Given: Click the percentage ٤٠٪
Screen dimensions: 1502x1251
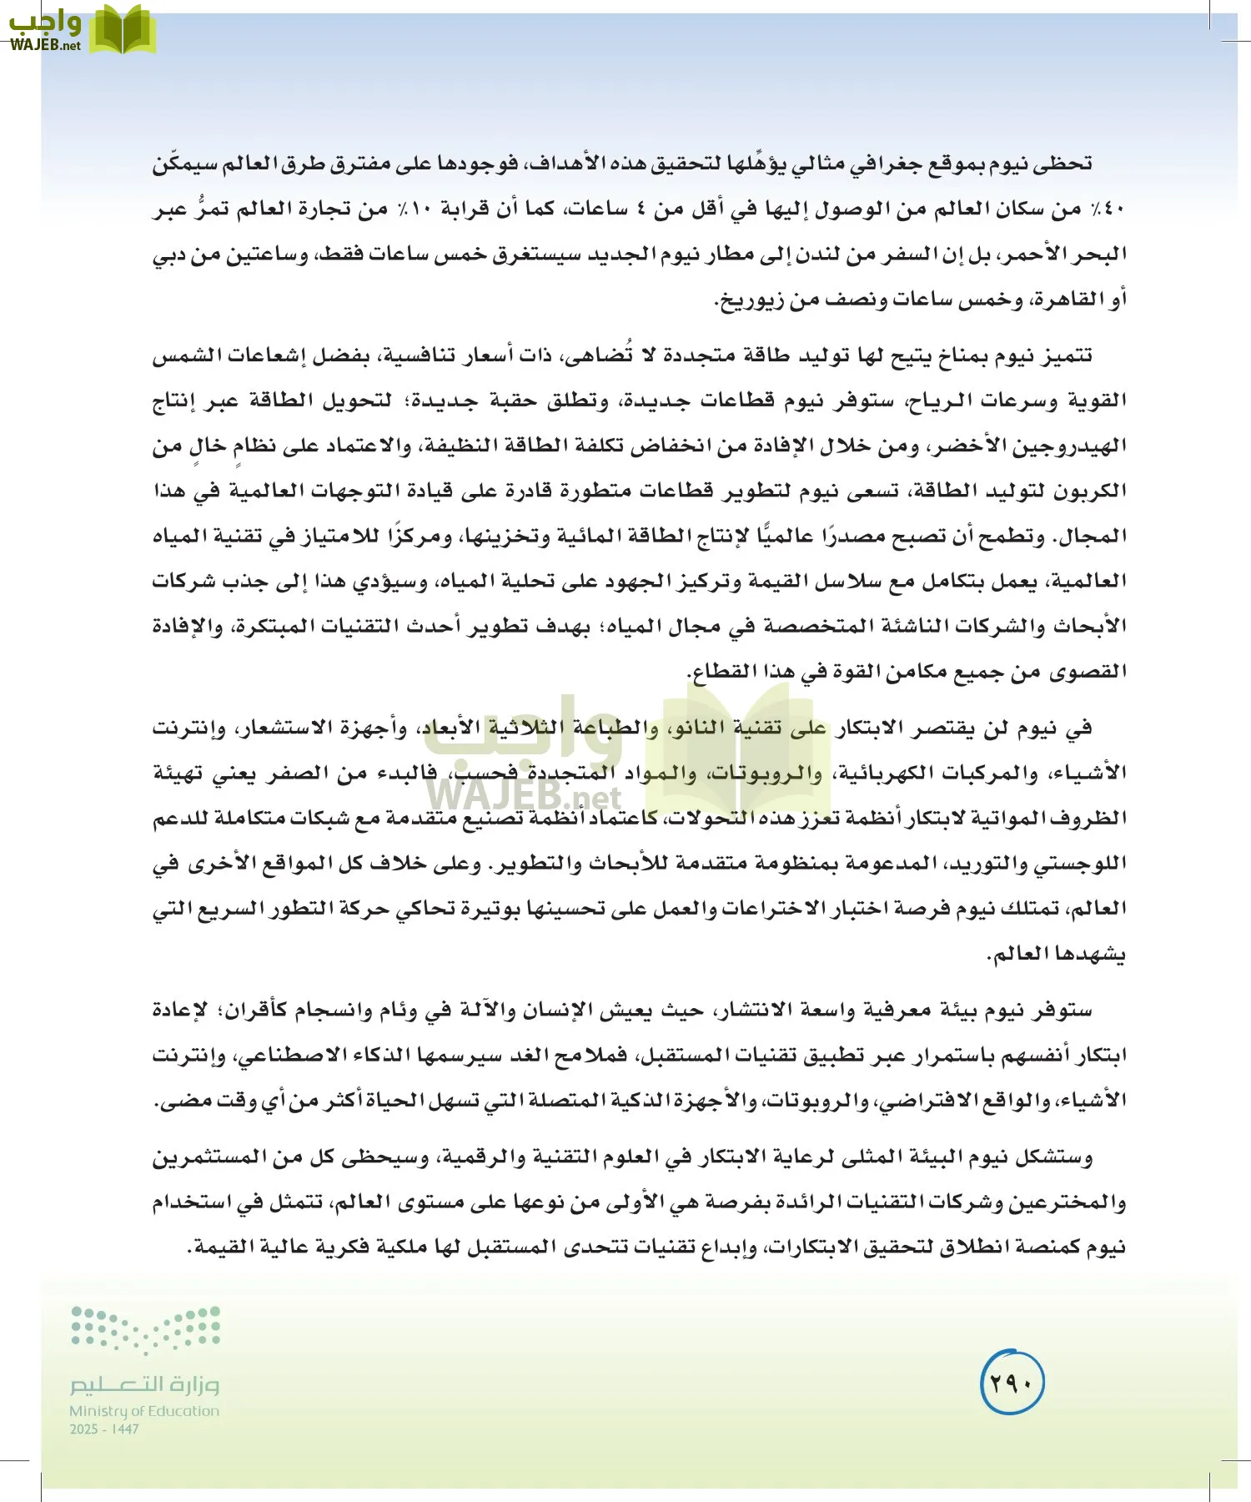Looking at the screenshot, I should coord(1108,209).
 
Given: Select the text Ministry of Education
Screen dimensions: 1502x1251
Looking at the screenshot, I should coord(144,1411).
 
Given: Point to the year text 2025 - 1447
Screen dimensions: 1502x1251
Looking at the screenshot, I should coord(104,1429).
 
